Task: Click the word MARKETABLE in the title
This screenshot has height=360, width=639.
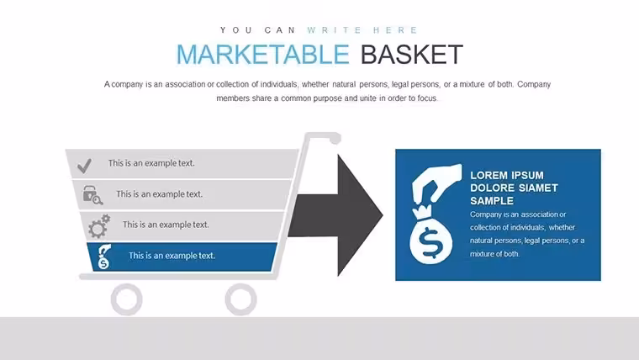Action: (x=263, y=55)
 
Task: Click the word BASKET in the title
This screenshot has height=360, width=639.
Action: (x=412, y=55)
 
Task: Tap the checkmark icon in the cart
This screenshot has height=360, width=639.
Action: (x=84, y=166)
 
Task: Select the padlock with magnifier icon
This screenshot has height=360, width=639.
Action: (x=92, y=195)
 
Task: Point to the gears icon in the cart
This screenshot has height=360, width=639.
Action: (x=99, y=226)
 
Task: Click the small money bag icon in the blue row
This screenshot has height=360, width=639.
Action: (x=104, y=257)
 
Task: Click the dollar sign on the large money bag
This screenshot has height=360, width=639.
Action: (x=430, y=243)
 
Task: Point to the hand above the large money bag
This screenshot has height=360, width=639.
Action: (x=437, y=183)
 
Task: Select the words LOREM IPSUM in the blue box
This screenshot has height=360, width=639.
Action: (x=506, y=175)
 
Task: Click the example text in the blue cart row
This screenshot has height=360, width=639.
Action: (x=172, y=256)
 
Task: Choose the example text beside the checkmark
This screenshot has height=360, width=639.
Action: (x=151, y=163)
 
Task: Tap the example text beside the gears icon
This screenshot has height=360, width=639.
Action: (x=166, y=225)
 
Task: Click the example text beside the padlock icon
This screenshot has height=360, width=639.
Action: (x=160, y=194)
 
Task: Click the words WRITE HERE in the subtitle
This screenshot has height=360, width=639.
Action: (x=362, y=30)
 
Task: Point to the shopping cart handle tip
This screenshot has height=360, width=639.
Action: (x=335, y=140)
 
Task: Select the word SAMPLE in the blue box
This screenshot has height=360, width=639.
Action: (x=492, y=201)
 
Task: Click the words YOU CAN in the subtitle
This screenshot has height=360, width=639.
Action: (x=258, y=30)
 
